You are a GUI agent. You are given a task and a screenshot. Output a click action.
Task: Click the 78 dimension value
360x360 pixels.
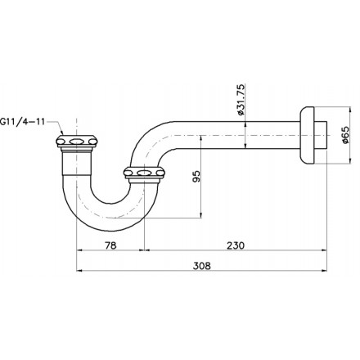pyautogui.click(x=110, y=245)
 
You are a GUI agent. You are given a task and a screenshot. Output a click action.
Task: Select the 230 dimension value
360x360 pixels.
pyautogui.click(x=236, y=245)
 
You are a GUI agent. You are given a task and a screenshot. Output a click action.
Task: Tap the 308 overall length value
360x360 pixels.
pyautogui.click(x=202, y=266)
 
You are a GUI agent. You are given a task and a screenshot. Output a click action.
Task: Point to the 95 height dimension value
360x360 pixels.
pyautogui.click(x=196, y=177)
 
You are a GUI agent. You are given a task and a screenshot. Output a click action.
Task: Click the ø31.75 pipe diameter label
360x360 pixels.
pyautogui.click(x=241, y=100)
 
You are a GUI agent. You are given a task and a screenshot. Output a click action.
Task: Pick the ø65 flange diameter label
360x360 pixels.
pyautogui.click(x=344, y=135)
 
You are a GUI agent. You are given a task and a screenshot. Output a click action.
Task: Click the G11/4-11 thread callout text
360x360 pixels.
pyautogui.click(x=22, y=121)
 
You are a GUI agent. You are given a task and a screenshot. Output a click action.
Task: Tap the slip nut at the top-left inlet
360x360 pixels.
pyautogui.click(x=77, y=142)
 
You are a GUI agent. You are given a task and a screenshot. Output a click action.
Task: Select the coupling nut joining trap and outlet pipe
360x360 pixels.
pyautogui.click(x=144, y=173)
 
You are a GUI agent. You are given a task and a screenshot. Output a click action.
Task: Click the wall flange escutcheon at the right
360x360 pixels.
pyautogui.click(x=307, y=135)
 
